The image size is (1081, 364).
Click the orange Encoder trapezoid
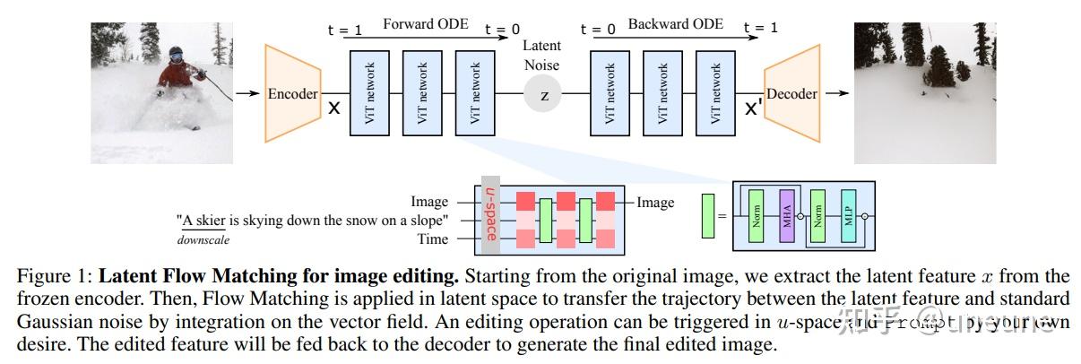pyautogui.click(x=293, y=93)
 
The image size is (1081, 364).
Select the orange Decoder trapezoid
pyautogui.click(x=791, y=93)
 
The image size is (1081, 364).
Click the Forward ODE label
pyautogui.click(x=425, y=24)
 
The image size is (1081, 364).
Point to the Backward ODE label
pyautogui.click(x=675, y=24)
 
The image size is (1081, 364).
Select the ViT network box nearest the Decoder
pyautogui.click(x=715, y=93)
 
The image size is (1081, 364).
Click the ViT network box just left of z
pyautogui.click(x=476, y=93)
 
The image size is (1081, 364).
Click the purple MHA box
pyautogui.click(x=787, y=216)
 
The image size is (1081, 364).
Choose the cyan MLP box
pyautogui.click(x=847, y=216)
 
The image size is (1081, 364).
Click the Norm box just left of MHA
pyautogui.click(x=757, y=216)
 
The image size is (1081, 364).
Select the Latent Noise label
pyautogui.click(x=541, y=55)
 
